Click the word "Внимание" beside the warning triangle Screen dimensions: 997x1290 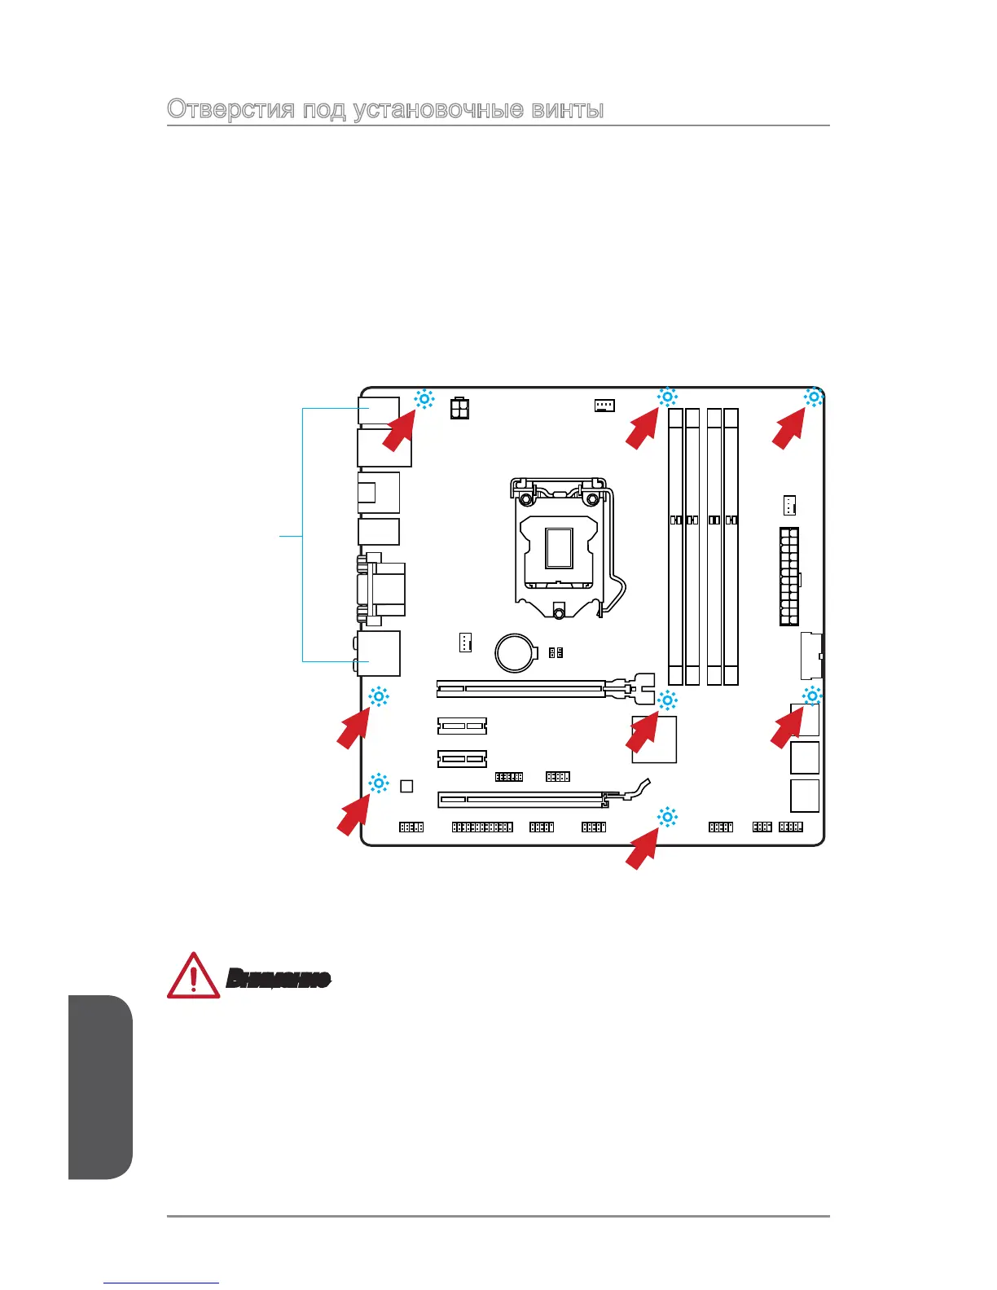pos(279,978)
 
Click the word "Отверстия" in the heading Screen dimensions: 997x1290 pos(231,109)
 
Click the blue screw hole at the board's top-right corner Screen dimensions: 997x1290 pos(813,397)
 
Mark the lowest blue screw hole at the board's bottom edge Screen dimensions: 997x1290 pos(667,817)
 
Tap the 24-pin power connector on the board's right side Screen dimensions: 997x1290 pos(788,576)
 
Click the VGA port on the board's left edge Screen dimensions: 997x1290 pos(383,584)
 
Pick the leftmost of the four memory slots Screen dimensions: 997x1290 pos(675,546)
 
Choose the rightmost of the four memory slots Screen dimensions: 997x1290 pos(731,546)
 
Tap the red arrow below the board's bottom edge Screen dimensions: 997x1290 pos(643,851)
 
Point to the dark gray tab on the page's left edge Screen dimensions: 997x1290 pos(99,1086)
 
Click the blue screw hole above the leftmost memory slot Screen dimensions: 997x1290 pos(667,397)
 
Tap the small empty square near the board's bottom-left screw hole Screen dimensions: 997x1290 pos(407,786)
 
